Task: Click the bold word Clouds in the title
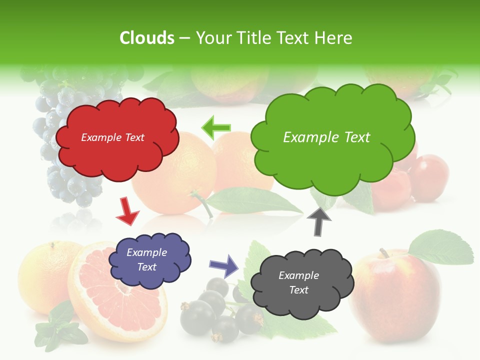coord(146,38)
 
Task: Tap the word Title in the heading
coord(254,38)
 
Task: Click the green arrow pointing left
coord(215,127)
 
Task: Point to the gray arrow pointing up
coord(319,221)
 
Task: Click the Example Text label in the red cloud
coord(112,137)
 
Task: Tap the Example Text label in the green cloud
coord(326,137)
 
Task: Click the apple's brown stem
coord(384,253)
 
